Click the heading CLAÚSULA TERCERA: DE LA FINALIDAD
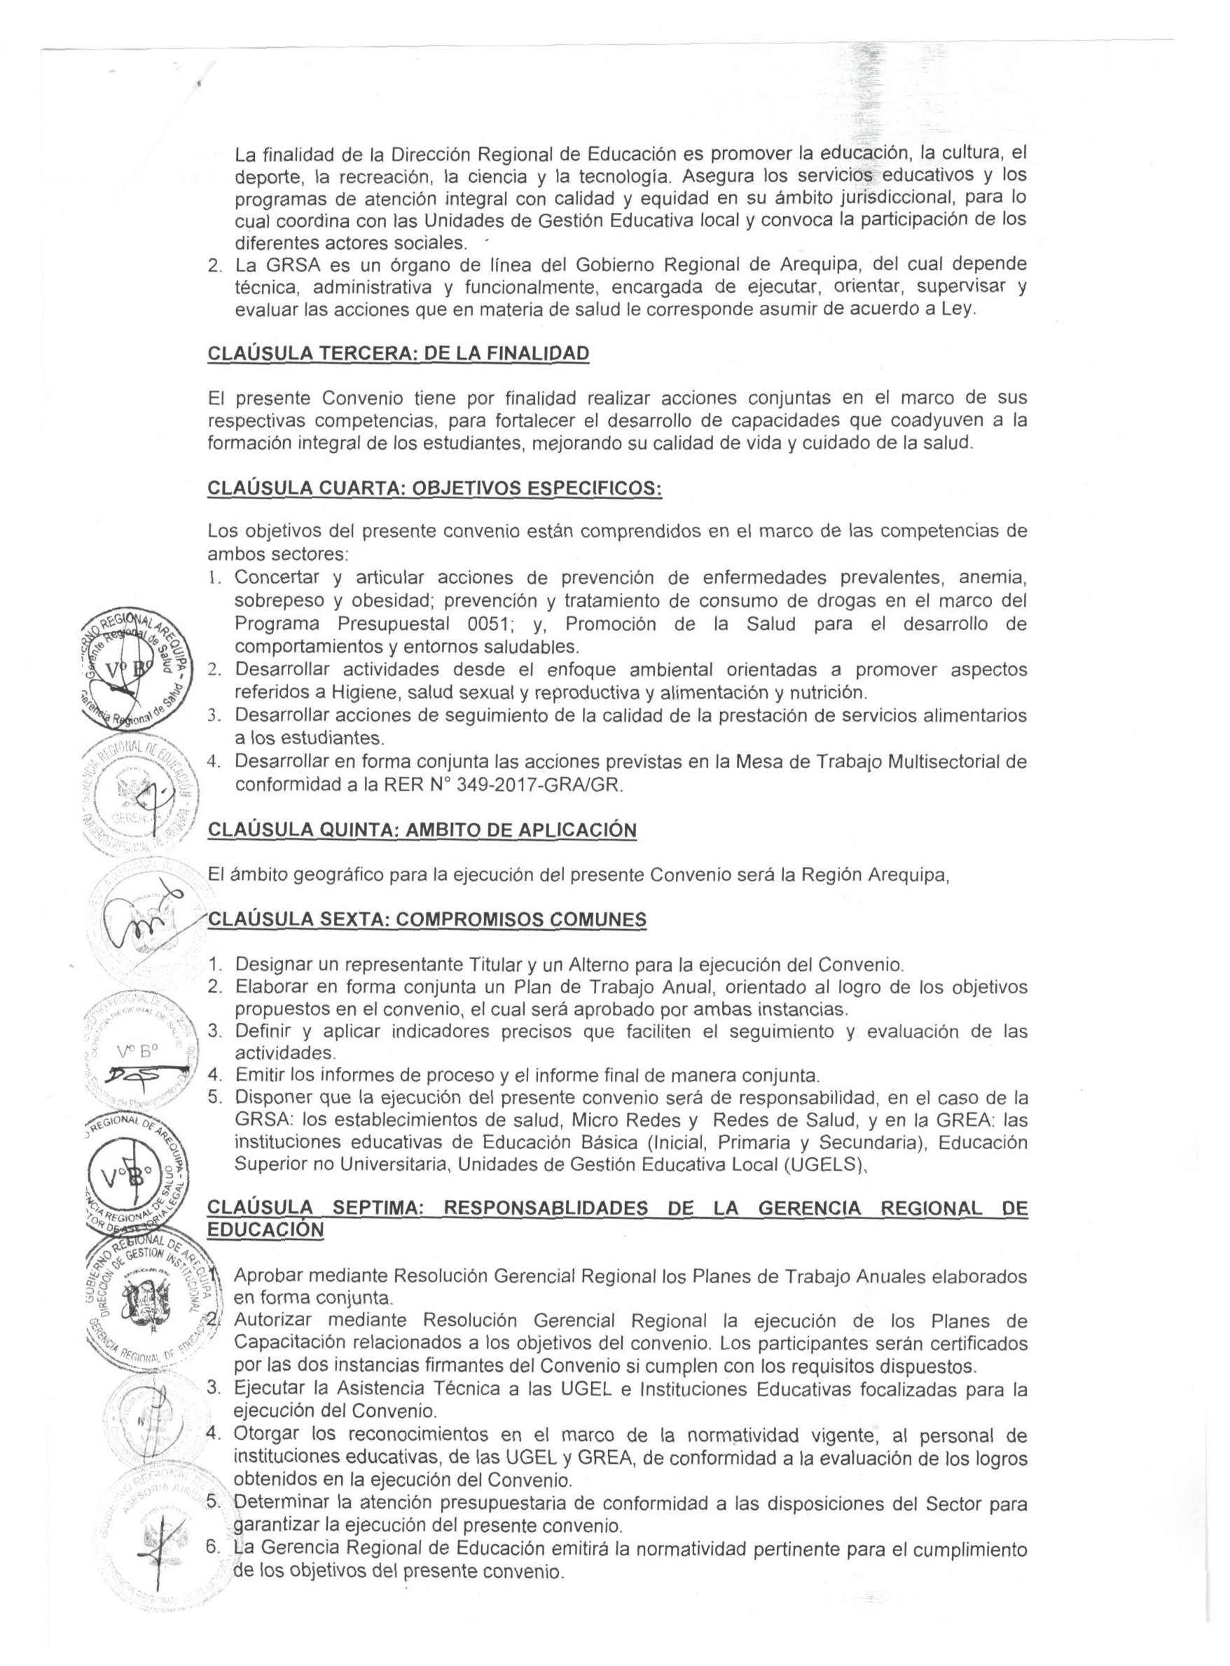(x=399, y=352)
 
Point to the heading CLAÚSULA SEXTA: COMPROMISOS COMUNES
(x=427, y=920)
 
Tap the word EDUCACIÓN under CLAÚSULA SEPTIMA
(x=265, y=1229)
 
